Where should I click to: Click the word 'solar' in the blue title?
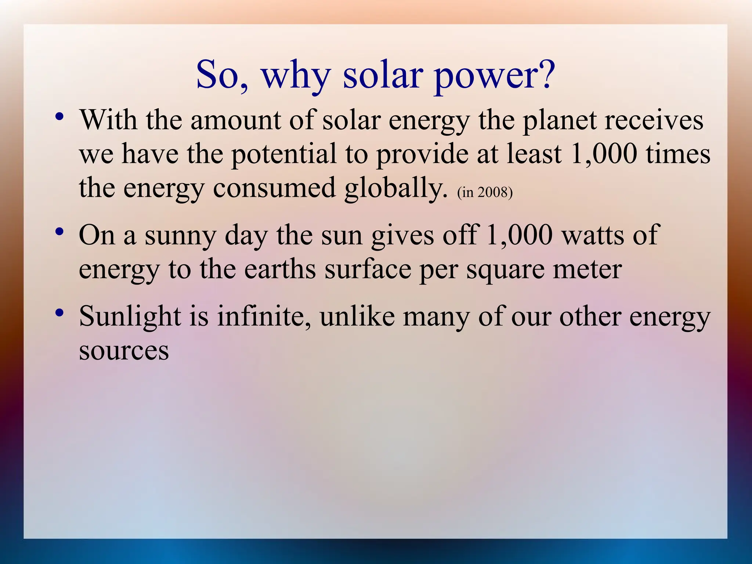[x=382, y=75]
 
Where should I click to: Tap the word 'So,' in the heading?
[x=223, y=75]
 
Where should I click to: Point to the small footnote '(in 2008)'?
[x=485, y=192]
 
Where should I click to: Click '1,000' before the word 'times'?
[x=604, y=153]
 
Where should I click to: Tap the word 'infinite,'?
[x=264, y=316]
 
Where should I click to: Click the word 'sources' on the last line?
[x=124, y=351]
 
